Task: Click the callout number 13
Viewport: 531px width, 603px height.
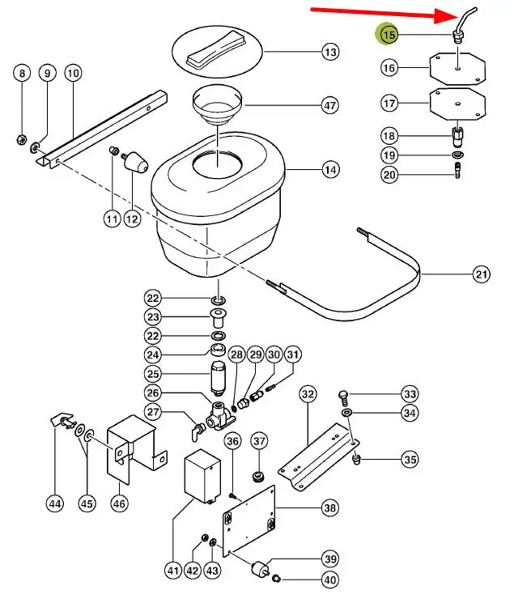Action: [329, 53]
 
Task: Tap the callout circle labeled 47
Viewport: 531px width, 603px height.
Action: [329, 105]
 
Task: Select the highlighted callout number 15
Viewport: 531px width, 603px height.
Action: [389, 35]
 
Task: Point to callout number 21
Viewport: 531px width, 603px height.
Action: [482, 275]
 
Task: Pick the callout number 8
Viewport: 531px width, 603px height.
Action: [22, 74]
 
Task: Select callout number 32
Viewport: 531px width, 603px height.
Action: [308, 394]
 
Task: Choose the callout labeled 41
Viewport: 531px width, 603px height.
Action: [172, 571]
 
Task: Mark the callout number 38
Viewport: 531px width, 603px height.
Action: [329, 508]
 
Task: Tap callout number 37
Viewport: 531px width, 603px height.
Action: [258, 441]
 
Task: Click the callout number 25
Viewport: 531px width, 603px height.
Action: [153, 374]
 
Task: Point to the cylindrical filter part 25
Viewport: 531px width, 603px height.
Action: [216, 378]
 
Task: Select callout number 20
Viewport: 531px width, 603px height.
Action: [389, 175]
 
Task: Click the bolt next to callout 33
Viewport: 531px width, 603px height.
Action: [342, 396]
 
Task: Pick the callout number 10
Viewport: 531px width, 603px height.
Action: [73, 74]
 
